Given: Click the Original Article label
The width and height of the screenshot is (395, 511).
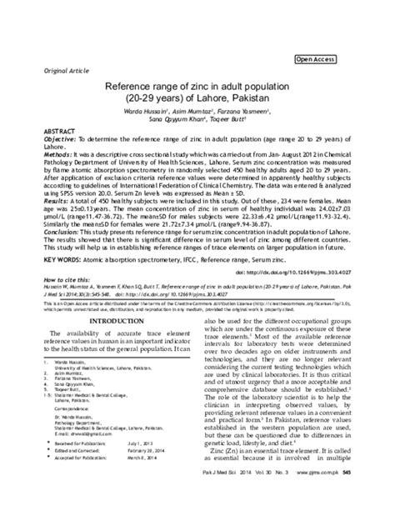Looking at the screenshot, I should [49, 70].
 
